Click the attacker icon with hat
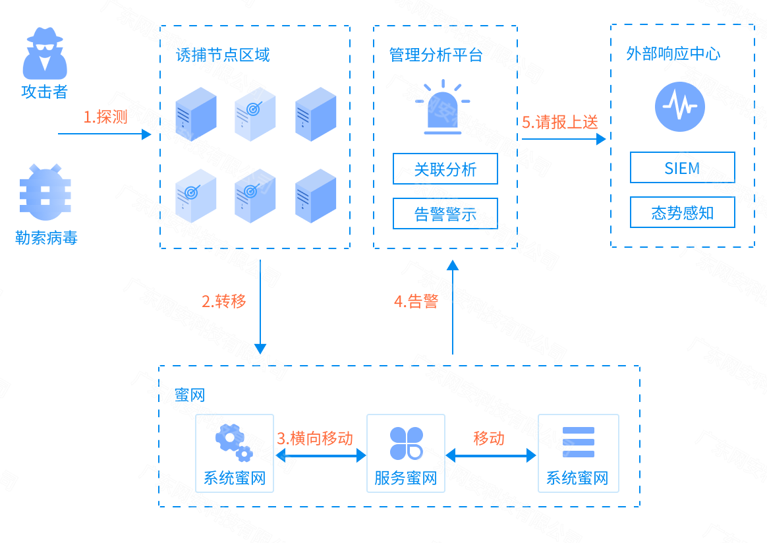pyautogui.click(x=45, y=53)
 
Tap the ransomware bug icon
pyautogui.click(x=45, y=192)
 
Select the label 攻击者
pyautogui.click(x=45, y=92)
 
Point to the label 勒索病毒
pyautogui.click(x=46, y=237)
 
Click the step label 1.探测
pyautogui.click(x=105, y=117)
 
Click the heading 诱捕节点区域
pyautogui.click(x=223, y=55)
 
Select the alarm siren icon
pyautogui.click(x=443, y=108)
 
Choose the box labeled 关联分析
pyautogui.click(x=445, y=169)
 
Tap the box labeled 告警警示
pyautogui.click(x=445, y=214)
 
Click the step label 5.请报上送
pyautogui.click(x=560, y=122)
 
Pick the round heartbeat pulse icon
pyautogui.click(x=680, y=107)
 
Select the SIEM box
pyautogui.click(x=682, y=168)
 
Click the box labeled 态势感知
pyautogui.click(x=682, y=213)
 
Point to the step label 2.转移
pyautogui.click(x=224, y=301)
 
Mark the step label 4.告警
pyautogui.click(x=416, y=301)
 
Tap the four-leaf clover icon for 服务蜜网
pyautogui.click(x=406, y=443)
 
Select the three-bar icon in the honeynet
pyautogui.click(x=578, y=442)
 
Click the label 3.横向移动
pyautogui.click(x=315, y=438)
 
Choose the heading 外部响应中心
pyautogui.click(x=673, y=54)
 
